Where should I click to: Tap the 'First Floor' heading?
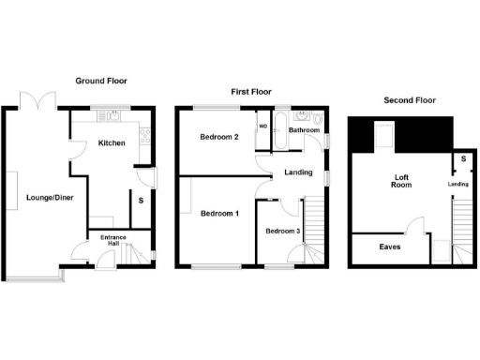coord(250,91)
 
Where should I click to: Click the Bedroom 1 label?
coord(219,214)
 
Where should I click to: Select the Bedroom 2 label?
coord(217,137)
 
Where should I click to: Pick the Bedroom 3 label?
coord(282,232)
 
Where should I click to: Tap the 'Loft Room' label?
coord(401,180)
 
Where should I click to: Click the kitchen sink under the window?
coord(113,117)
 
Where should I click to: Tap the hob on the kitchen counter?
coord(145,139)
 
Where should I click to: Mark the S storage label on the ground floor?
coord(141,199)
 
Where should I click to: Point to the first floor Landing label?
coord(298,172)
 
